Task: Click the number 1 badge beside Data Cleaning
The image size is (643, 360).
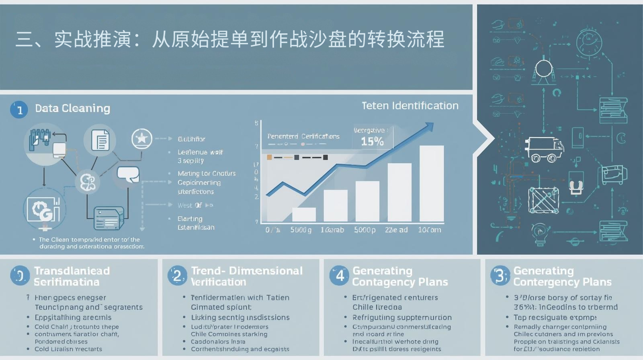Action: coord(19,110)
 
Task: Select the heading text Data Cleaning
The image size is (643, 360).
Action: coord(72,108)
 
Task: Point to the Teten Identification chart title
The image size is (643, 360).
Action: coord(410,106)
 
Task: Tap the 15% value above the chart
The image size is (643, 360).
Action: coord(372,141)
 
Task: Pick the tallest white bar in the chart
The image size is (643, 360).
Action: coord(432,184)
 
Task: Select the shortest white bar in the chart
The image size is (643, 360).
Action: coord(304,215)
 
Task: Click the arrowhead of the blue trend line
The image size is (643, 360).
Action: coord(429,127)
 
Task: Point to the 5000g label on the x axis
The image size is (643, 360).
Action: coord(301,230)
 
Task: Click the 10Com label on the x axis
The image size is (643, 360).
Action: coord(429,230)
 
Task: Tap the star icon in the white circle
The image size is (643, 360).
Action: coord(142,139)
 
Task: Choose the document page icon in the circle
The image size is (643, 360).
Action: coord(100,141)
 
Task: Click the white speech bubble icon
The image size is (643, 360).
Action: coord(128,175)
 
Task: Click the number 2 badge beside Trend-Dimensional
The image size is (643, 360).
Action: coord(177,276)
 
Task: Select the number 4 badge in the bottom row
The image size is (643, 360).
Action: coord(339,276)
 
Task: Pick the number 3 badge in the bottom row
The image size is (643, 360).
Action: coord(500,276)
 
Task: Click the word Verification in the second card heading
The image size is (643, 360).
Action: coord(219,282)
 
